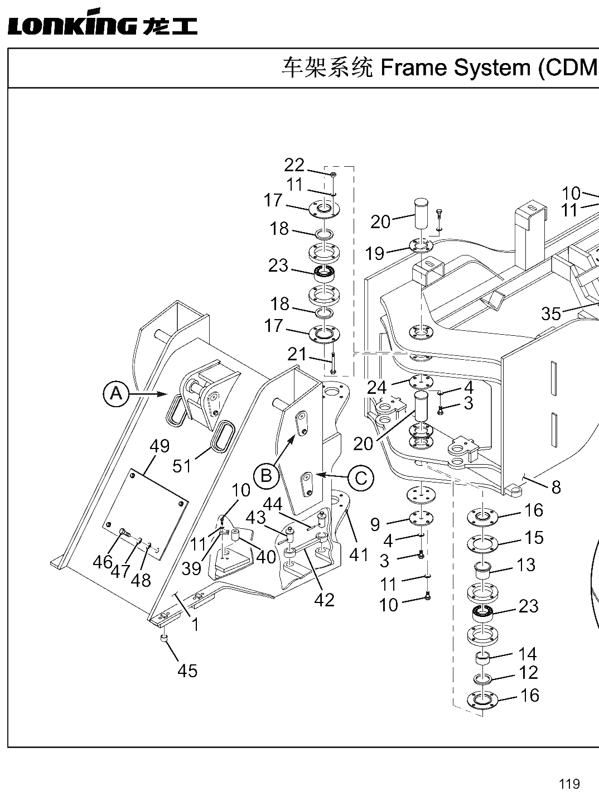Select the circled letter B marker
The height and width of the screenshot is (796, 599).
(x=267, y=475)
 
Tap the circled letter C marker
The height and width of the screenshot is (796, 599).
(x=361, y=478)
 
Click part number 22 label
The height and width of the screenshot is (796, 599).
(x=294, y=165)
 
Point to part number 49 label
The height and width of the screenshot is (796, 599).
(x=160, y=446)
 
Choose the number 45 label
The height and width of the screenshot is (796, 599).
(x=187, y=671)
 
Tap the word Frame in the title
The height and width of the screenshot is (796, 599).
(x=413, y=68)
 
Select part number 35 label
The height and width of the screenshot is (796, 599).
(x=551, y=313)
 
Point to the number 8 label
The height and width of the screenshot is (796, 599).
(x=556, y=488)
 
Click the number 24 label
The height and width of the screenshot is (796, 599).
(x=377, y=387)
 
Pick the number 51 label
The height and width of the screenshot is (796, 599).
(x=182, y=466)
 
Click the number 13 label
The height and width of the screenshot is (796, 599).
(x=526, y=565)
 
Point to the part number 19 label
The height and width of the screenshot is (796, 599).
(x=375, y=253)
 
